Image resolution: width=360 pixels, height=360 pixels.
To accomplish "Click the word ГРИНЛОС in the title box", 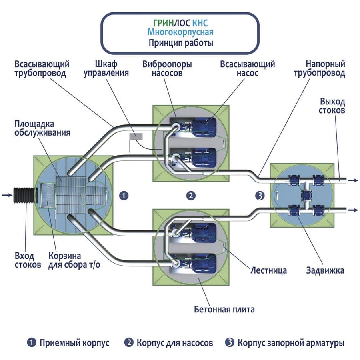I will [x=166, y=22].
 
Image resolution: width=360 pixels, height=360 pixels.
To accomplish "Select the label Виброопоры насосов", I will [x=167, y=68].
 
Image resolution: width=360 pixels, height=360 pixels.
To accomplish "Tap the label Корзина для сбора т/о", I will [x=71, y=260].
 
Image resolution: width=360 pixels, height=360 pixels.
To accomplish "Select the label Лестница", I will [x=268, y=270].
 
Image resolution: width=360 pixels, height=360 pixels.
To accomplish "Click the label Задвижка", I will [x=326, y=270].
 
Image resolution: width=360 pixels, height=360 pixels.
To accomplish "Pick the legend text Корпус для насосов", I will [x=175, y=343].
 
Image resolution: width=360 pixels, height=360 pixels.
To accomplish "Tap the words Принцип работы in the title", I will [x=180, y=42].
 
